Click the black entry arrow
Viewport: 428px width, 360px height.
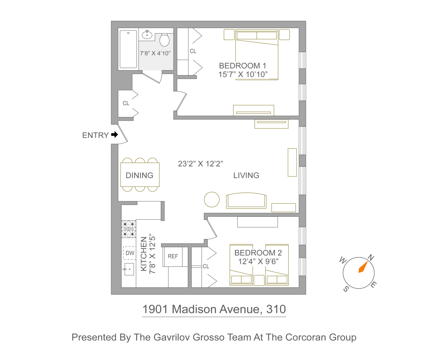(x=114, y=135)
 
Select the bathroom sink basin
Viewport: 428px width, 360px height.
(x=147, y=35)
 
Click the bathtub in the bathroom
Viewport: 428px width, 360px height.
(x=128, y=49)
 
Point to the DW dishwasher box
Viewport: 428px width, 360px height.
(x=130, y=253)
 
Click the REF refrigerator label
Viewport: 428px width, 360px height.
(x=173, y=256)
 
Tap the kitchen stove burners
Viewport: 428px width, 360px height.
(x=129, y=229)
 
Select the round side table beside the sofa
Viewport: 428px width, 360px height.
(x=212, y=199)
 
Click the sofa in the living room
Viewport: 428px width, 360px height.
(x=246, y=201)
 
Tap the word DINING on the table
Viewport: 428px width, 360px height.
(x=139, y=175)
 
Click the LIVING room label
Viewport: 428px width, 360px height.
(x=246, y=175)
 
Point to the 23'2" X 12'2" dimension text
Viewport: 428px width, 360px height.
(x=201, y=164)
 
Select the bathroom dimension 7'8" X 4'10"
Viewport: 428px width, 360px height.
(x=155, y=53)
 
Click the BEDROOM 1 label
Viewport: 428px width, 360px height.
(x=242, y=66)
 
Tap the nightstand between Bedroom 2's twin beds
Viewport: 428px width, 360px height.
(x=259, y=280)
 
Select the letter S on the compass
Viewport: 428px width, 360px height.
(x=346, y=289)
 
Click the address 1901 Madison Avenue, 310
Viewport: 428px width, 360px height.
(x=214, y=309)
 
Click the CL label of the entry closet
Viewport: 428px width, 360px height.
(x=126, y=103)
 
